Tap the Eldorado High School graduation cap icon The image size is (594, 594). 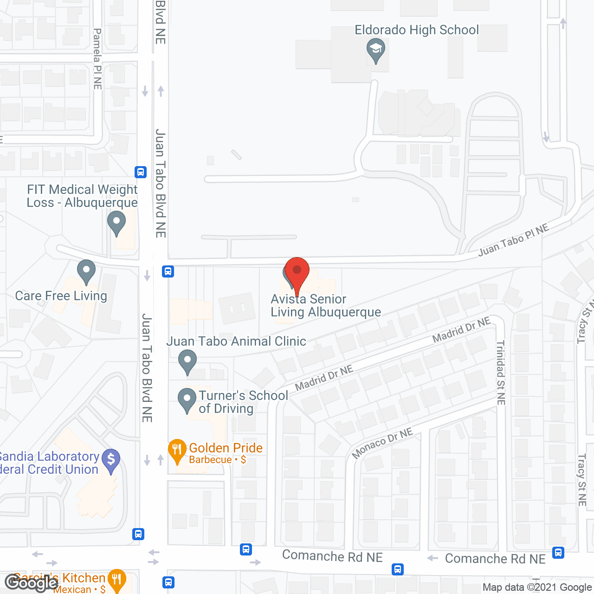[x=375, y=50]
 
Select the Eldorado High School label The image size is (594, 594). [x=416, y=30]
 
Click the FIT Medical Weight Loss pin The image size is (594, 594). [x=116, y=223]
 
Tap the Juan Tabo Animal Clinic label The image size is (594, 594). [x=236, y=341]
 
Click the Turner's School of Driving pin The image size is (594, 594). [x=187, y=400]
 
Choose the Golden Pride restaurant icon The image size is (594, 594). [x=177, y=451]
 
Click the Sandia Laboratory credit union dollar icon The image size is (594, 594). [x=111, y=460]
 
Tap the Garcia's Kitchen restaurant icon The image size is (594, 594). [x=116, y=580]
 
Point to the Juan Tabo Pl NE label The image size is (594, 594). [x=513, y=239]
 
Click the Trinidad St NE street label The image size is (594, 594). [x=501, y=373]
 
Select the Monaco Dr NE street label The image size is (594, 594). [x=382, y=443]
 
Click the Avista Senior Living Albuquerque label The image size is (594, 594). [x=325, y=305]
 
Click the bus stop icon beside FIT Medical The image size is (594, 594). [x=141, y=172]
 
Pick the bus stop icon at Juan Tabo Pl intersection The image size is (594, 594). [x=168, y=271]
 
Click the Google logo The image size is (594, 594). [x=31, y=582]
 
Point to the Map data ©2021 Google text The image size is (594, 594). [x=537, y=588]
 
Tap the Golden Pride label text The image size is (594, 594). [x=226, y=448]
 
